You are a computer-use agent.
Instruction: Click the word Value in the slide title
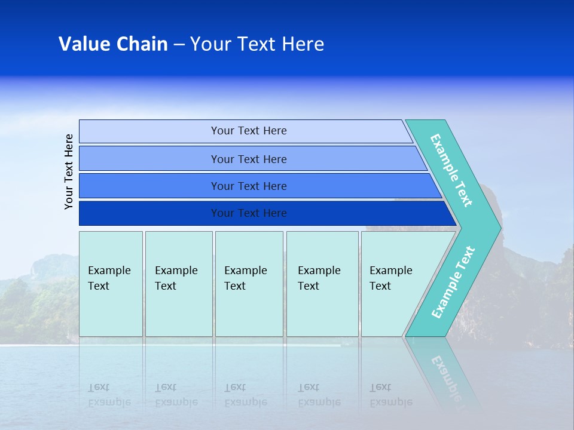(84, 44)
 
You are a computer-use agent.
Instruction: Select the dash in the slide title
(179, 45)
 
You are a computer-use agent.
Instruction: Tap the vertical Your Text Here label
(69, 171)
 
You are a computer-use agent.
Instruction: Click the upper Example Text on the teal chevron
(451, 170)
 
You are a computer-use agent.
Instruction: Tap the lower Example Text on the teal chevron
(453, 282)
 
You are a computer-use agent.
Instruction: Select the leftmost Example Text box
(111, 284)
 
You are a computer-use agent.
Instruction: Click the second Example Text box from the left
(179, 284)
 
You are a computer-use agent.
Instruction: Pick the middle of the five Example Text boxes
(249, 284)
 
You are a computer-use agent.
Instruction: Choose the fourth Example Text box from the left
(322, 284)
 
